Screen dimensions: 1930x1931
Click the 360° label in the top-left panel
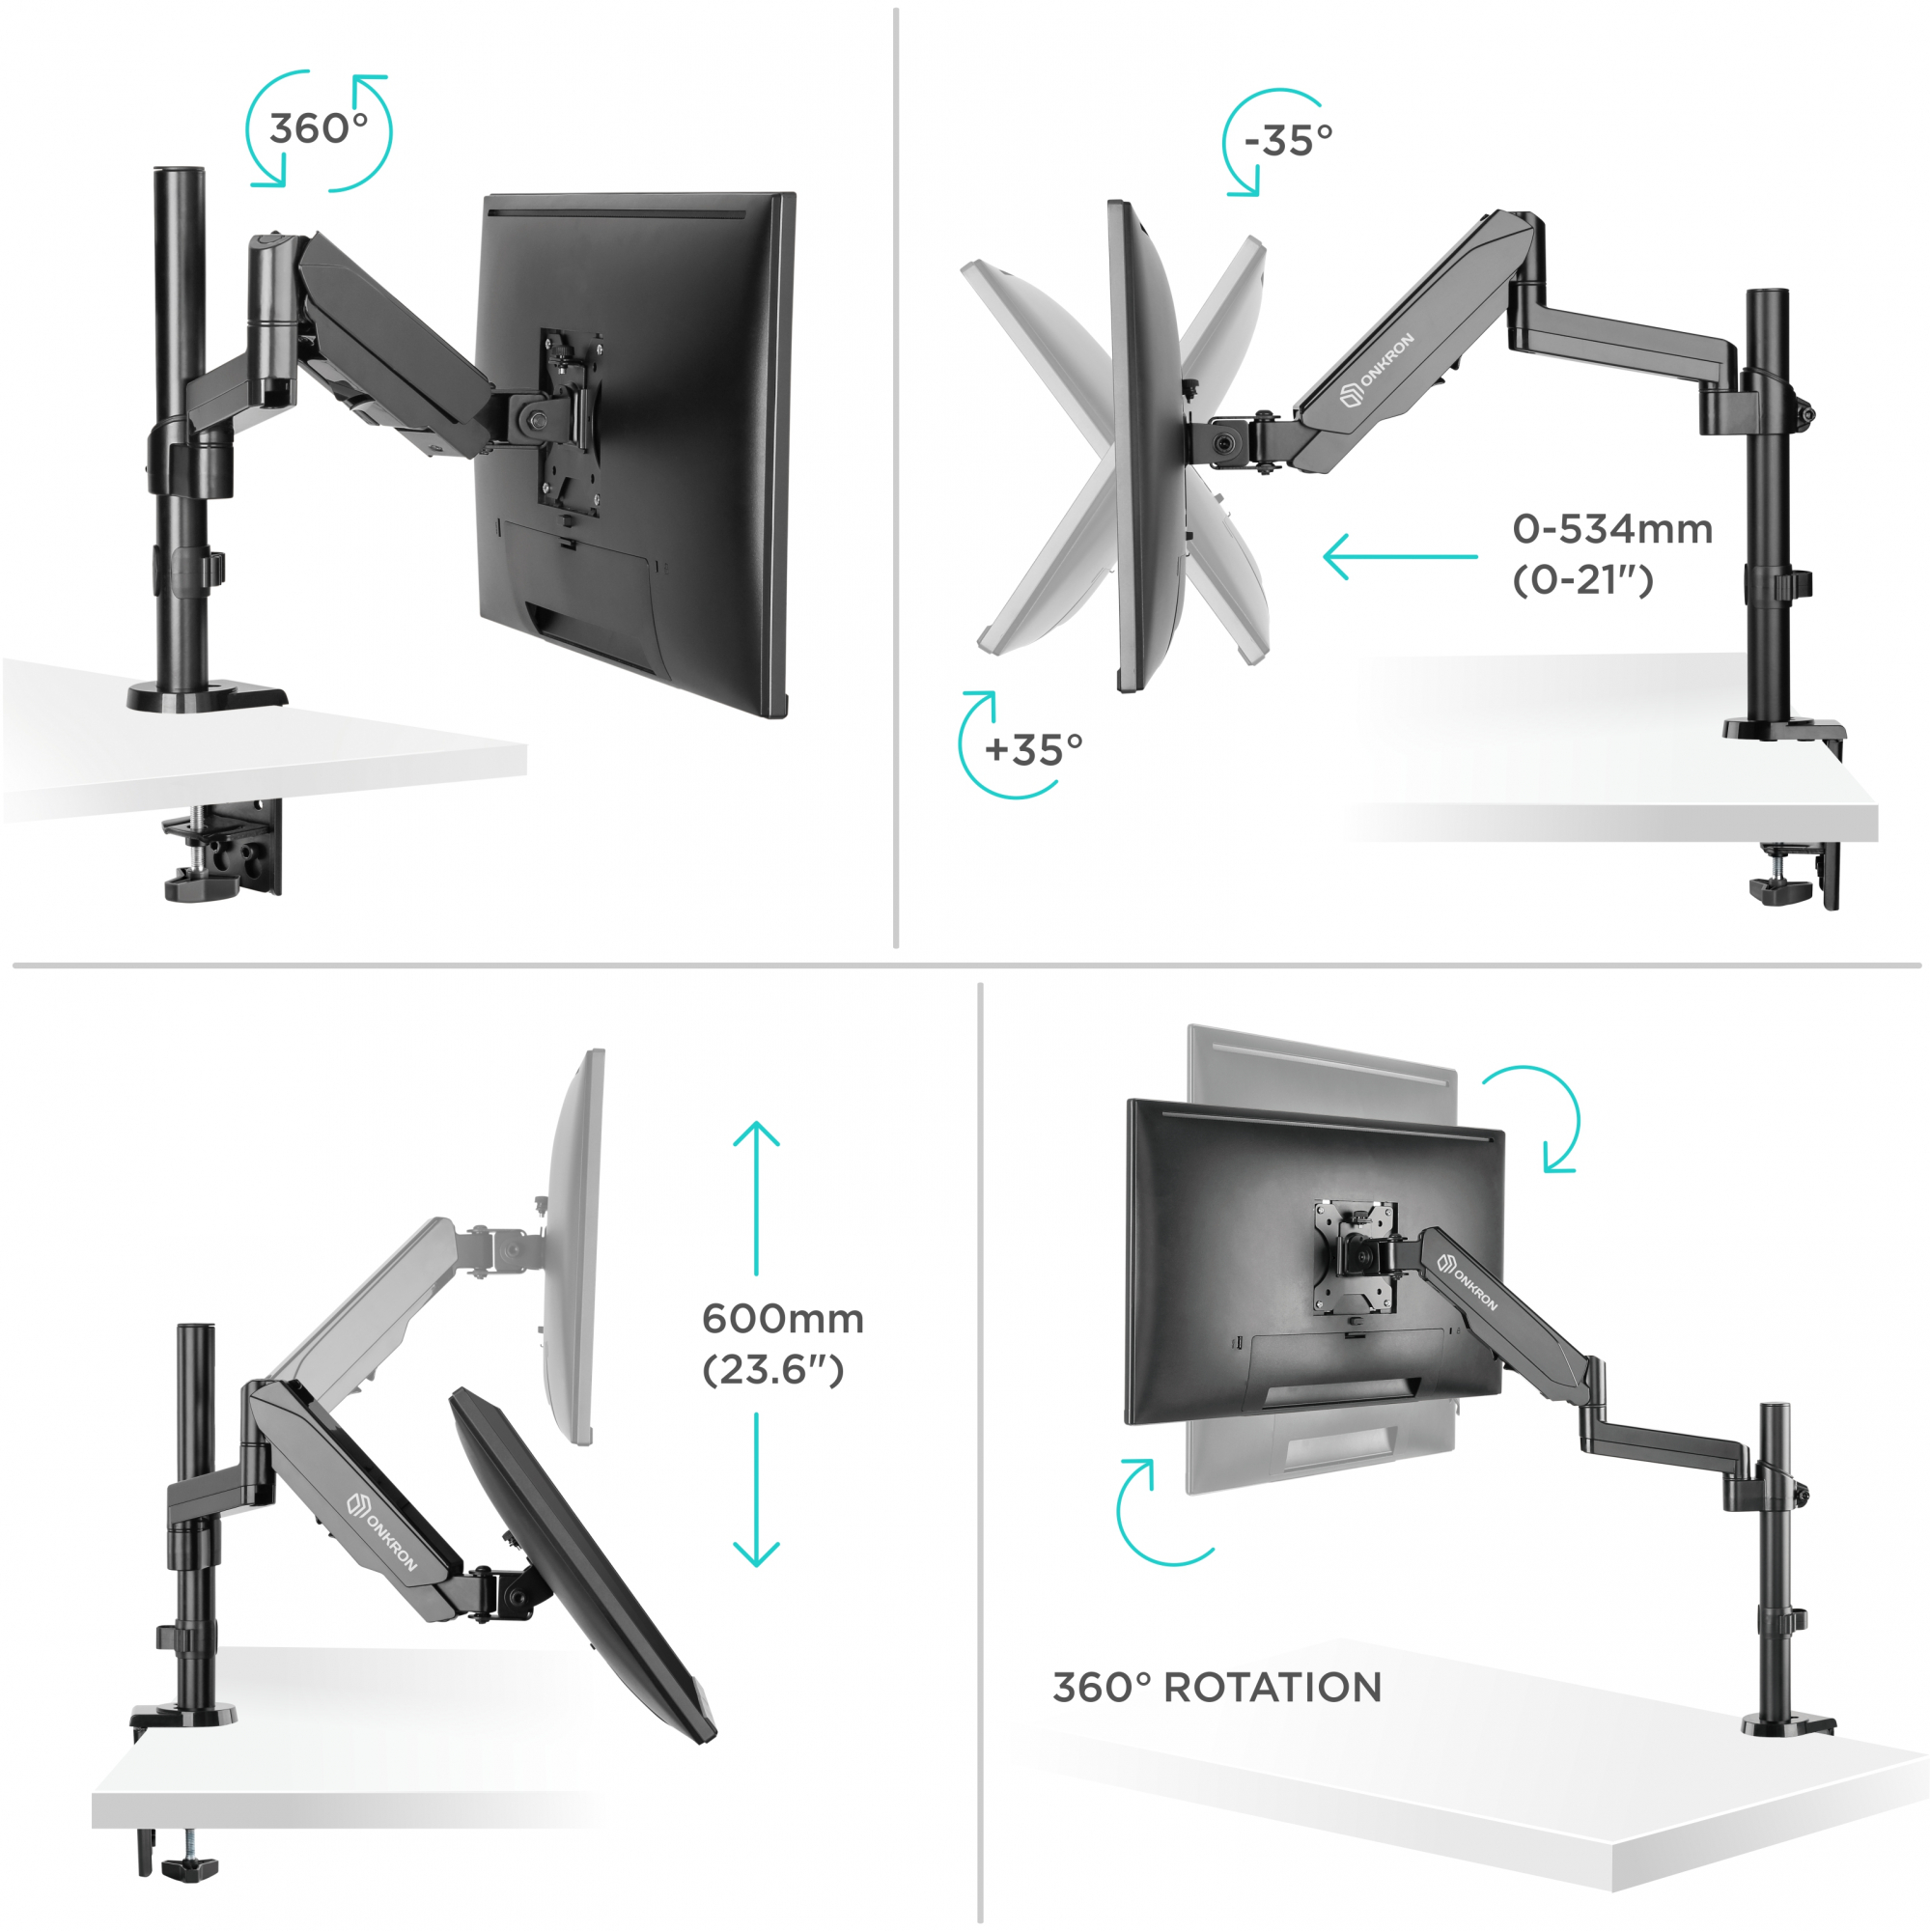tap(319, 129)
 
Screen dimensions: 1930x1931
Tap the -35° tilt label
tap(1288, 141)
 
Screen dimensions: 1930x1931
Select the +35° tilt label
tap(1033, 749)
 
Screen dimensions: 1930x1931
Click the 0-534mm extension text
tap(1612, 529)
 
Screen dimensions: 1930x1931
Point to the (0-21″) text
tap(1583, 579)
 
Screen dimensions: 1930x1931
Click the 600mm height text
tap(783, 1318)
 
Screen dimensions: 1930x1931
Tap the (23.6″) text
tap(773, 1369)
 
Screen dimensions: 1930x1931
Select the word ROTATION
tap(1273, 1687)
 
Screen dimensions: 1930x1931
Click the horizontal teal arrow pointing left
tap(1400, 557)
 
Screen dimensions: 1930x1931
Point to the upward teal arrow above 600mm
tap(757, 1198)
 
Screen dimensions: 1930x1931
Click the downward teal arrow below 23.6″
tap(757, 1489)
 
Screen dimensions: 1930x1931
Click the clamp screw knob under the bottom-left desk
tap(190, 1865)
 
